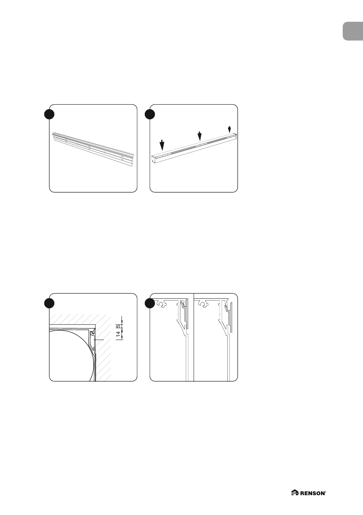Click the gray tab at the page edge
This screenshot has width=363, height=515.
click(x=353, y=31)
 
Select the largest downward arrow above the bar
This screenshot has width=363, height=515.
click(x=162, y=145)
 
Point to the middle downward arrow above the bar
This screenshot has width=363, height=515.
click(x=199, y=136)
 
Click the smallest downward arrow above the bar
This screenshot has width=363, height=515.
click(x=229, y=130)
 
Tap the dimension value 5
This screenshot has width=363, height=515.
click(x=118, y=326)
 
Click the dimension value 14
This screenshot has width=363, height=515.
click(x=118, y=334)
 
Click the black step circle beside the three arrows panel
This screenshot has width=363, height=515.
click(x=150, y=114)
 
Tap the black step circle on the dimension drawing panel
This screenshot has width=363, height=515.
click(x=49, y=303)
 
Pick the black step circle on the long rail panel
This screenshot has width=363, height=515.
click(x=49, y=114)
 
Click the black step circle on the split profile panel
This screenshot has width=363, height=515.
click(x=150, y=303)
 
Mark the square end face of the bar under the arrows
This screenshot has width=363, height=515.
click(x=154, y=159)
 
